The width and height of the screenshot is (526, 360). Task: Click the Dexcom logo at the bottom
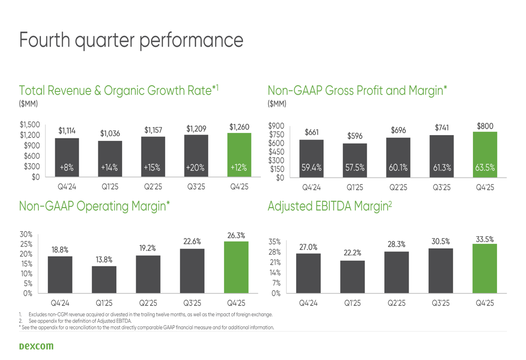click(x=36, y=346)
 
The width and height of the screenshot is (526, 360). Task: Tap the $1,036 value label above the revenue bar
click(x=110, y=134)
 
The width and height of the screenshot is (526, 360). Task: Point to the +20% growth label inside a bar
click(x=196, y=168)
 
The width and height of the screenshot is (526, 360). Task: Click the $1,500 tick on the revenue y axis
click(x=29, y=125)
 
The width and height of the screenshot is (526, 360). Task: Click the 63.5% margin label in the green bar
click(x=485, y=168)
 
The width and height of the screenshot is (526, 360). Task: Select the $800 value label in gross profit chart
click(x=485, y=126)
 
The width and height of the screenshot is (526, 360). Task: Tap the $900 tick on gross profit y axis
click(x=276, y=126)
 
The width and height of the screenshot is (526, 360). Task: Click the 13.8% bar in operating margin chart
click(x=104, y=279)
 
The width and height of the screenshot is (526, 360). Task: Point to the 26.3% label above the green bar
click(x=236, y=236)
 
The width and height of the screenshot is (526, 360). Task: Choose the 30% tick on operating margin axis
click(x=26, y=234)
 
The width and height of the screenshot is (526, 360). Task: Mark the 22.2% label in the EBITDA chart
click(x=352, y=253)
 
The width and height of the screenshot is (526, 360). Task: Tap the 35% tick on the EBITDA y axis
click(x=274, y=242)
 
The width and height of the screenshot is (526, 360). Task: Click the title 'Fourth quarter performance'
click(x=131, y=40)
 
